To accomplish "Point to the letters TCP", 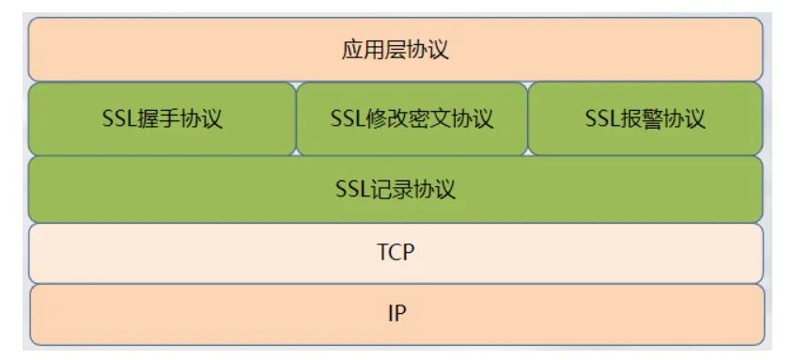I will tap(396, 253).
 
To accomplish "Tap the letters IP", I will tap(396, 313).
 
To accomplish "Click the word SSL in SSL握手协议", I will tap(119, 119).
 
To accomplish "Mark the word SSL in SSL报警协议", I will tap(601, 119).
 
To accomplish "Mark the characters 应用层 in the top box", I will tap(374, 50).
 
